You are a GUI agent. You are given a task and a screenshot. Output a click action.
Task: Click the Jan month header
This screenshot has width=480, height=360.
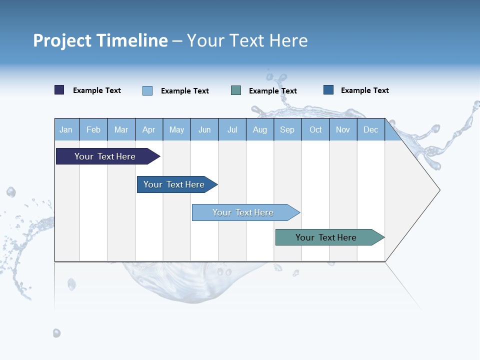point(66,130)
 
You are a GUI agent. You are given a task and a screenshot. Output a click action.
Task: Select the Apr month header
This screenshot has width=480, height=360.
point(149,130)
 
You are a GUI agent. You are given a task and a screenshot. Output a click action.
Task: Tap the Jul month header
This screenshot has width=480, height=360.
point(232,130)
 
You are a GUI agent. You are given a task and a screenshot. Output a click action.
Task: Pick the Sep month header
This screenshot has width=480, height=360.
point(287,130)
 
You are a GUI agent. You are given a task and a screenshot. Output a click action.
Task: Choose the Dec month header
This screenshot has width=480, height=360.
point(370,130)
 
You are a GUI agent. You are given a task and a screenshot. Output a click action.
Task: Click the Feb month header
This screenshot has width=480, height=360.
point(93,130)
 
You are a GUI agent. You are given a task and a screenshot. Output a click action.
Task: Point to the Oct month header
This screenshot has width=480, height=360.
point(315,130)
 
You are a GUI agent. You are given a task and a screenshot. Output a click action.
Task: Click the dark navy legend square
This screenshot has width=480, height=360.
point(59,90)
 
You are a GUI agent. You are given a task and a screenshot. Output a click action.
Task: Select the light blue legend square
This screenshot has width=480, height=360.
point(147,90)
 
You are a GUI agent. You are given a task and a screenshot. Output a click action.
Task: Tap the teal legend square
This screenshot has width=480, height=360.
point(236,90)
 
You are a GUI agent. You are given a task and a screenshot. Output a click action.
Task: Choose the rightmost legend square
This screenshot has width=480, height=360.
point(328,90)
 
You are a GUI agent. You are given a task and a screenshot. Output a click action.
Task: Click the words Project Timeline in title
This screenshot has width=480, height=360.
point(100,40)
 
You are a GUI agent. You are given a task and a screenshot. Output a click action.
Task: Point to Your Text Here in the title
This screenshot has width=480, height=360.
point(247,40)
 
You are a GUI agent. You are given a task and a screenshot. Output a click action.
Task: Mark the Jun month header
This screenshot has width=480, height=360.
point(204,130)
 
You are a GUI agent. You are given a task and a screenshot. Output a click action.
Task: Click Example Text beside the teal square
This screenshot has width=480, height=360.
point(272,91)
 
